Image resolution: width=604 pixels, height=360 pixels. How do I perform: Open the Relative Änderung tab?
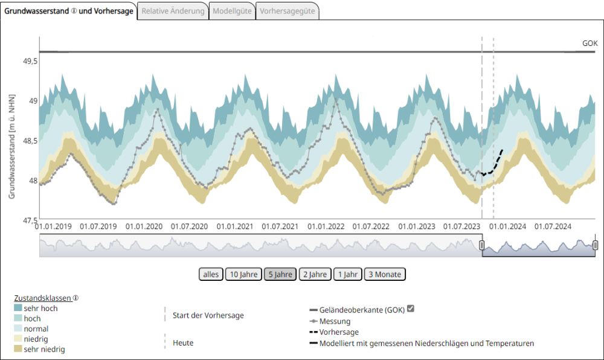(x=173, y=11)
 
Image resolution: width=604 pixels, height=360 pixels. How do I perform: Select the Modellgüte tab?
(x=232, y=11)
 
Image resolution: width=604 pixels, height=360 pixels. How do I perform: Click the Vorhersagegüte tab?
(x=287, y=11)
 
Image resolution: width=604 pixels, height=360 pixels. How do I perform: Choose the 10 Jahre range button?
(x=243, y=274)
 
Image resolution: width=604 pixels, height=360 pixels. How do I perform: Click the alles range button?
(x=211, y=274)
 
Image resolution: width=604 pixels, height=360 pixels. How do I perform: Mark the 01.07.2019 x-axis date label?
(x=99, y=227)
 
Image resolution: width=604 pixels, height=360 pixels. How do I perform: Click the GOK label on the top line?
(x=590, y=43)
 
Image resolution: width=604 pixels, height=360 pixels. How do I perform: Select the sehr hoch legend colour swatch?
(x=18, y=307)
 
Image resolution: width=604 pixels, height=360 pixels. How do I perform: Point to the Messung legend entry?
(x=334, y=321)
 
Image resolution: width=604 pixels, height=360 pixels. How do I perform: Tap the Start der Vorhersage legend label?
(x=208, y=315)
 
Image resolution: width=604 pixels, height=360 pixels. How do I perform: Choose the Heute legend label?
(x=183, y=342)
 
